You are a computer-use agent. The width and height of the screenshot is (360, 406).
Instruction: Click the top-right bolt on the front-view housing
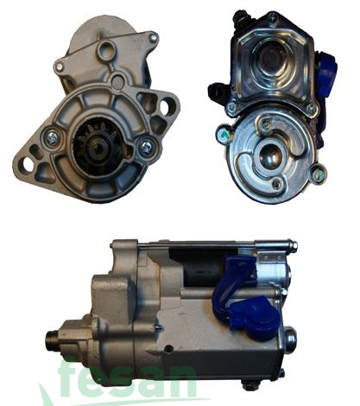pos(153,38)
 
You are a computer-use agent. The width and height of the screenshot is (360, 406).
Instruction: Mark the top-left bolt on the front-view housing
pos(60,67)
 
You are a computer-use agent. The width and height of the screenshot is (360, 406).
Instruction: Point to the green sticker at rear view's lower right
pos(319,173)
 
